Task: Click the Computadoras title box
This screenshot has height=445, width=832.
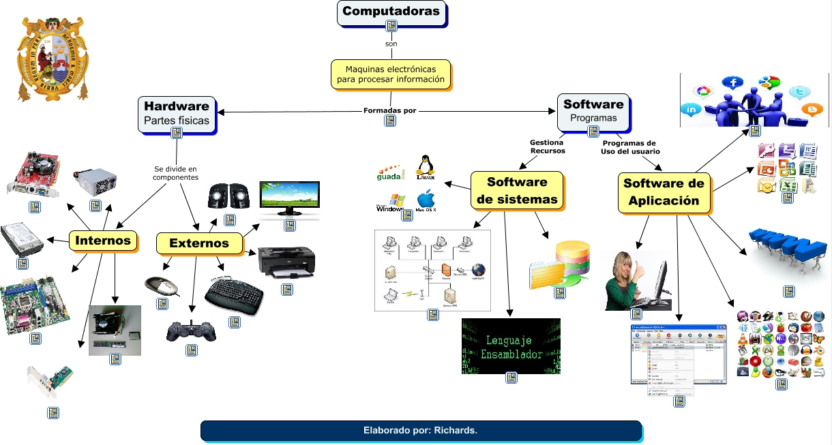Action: click(391, 12)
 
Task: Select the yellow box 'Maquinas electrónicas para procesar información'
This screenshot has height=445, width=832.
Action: click(391, 74)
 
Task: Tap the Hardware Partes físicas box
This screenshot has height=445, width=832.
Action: click(177, 113)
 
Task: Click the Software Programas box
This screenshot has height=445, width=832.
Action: click(593, 110)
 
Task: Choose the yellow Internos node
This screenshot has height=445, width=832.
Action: click(103, 241)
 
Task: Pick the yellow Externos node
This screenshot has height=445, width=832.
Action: click(200, 243)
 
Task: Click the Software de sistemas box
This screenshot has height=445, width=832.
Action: click(517, 191)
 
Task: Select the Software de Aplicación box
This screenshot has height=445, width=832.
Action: click(664, 191)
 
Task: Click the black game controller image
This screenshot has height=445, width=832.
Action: click(192, 331)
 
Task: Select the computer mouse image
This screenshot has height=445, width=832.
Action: click(162, 286)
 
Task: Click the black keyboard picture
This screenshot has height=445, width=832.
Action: click(235, 295)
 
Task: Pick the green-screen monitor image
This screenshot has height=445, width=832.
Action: click(290, 199)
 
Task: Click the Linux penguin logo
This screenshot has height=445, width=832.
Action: click(426, 168)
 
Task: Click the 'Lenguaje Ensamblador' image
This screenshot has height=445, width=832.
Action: click(511, 346)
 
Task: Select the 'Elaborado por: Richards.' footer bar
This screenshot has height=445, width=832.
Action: click(421, 431)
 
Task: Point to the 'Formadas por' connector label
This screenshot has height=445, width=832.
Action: click(389, 110)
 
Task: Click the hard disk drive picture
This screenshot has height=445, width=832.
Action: click(23, 240)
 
